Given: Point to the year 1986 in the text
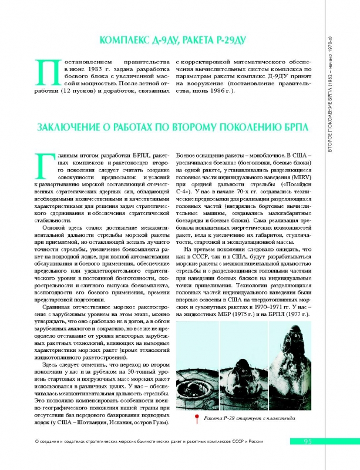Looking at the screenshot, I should [x=221, y=93].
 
